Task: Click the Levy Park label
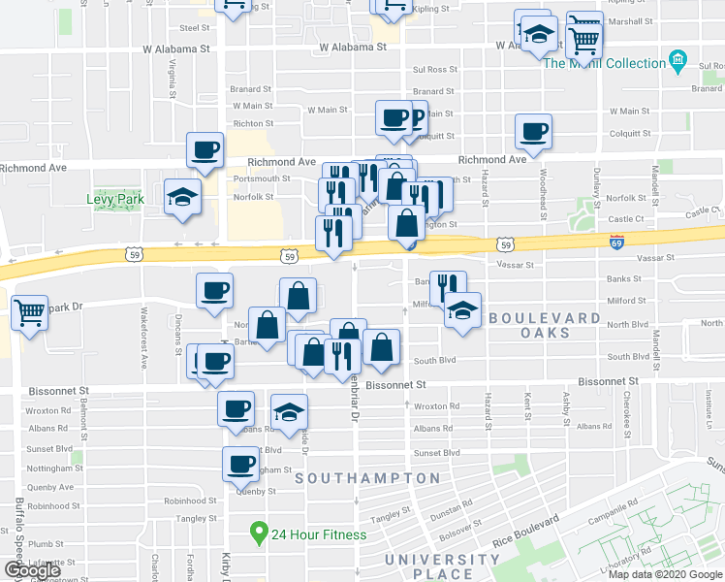(114, 200)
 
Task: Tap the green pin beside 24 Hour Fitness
(259, 533)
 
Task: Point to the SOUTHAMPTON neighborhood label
(367, 478)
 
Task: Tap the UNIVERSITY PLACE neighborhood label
(442, 566)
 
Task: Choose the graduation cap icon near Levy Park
(181, 198)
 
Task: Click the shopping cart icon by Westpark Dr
(30, 312)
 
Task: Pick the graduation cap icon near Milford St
(462, 310)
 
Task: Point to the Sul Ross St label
(434, 70)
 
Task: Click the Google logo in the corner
(33, 570)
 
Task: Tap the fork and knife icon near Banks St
(446, 287)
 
